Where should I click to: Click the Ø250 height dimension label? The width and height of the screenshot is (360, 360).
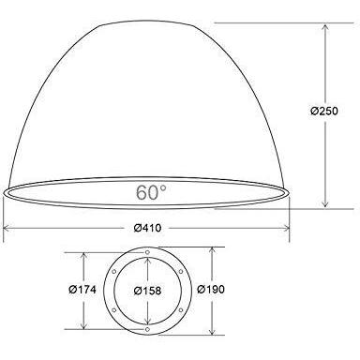pyautogui.click(x=324, y=111)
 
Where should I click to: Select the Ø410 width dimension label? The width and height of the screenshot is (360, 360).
pyautogui.click(x=147, y=228)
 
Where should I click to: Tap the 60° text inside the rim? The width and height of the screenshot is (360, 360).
pyautogui.click(x=151, y=192)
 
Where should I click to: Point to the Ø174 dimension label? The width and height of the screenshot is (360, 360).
pyautogui.click(x=82, y=290)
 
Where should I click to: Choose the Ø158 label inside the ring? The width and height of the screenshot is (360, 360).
pyautogui.click(x=147, y=291)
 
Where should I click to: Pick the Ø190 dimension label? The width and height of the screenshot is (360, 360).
pyautogui.click(x=211, y=290)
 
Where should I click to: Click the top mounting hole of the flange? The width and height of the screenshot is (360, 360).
pyautogui.click(x=147, y=252)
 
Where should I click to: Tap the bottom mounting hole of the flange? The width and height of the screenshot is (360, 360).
pyautogui.click(x=147, y=329)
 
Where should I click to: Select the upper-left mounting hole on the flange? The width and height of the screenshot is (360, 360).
pyautogui.click(x=113, y=272)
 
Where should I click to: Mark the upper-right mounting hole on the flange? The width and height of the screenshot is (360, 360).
pyautogui.click(x=181, y=272)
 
